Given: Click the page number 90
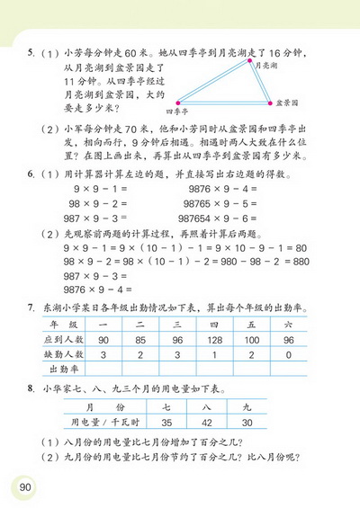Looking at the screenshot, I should coord(22,486).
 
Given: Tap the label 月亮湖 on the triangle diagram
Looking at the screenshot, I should coord(267,66).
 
